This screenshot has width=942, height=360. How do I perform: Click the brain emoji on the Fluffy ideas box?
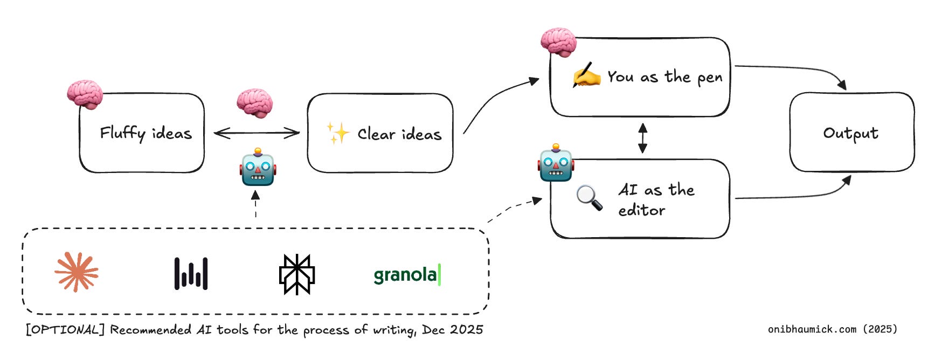[85, 94]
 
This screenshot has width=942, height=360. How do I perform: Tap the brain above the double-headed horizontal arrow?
[254, 102]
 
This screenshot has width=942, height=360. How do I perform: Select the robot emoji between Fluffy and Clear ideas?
[258, 168]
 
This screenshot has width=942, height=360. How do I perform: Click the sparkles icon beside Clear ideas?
[338, 133]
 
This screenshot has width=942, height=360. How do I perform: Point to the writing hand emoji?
[586, 75]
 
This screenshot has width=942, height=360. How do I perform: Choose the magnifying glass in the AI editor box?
[589, 197]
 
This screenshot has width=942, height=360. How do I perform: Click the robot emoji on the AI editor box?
[556, 163]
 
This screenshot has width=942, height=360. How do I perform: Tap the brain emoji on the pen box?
[558, 42]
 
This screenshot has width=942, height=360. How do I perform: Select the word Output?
[850, 133]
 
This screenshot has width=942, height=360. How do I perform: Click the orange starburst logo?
[77, 272]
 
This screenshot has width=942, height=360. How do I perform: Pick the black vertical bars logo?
[191, 273]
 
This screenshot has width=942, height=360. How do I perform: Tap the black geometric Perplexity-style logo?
[296, 274]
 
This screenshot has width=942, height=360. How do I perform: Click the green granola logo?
[407, 275]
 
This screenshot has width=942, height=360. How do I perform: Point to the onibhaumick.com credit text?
[832, 329]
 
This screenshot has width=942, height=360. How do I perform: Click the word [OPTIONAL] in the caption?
[65, 329]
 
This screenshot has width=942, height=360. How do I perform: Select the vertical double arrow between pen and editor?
[642, 138]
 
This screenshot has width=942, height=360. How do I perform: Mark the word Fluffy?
[122, 133]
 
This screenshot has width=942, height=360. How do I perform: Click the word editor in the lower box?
[641, 210]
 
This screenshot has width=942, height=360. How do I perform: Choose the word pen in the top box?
[710, 78]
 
